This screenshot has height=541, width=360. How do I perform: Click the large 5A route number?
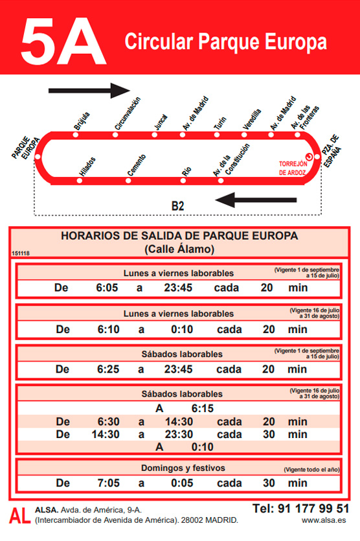tap(63, 41)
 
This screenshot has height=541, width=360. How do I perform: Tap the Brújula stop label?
tap(82, 121)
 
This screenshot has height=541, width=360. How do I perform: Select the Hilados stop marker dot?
tap(79, 180)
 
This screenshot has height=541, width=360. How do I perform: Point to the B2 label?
tap(177, 206)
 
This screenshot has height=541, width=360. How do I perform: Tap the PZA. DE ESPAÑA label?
tap(331, 152)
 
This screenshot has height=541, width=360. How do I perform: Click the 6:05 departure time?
tap(107, 288)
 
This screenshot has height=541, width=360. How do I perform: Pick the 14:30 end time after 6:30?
tap(178, 421)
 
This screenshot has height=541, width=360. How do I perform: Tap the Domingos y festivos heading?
tap(183, 467)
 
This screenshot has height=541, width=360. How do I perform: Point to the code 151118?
tap(21, 253)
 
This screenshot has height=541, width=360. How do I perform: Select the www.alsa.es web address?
tap(323, 520)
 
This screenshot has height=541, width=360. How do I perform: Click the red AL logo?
tap(20, 515)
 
